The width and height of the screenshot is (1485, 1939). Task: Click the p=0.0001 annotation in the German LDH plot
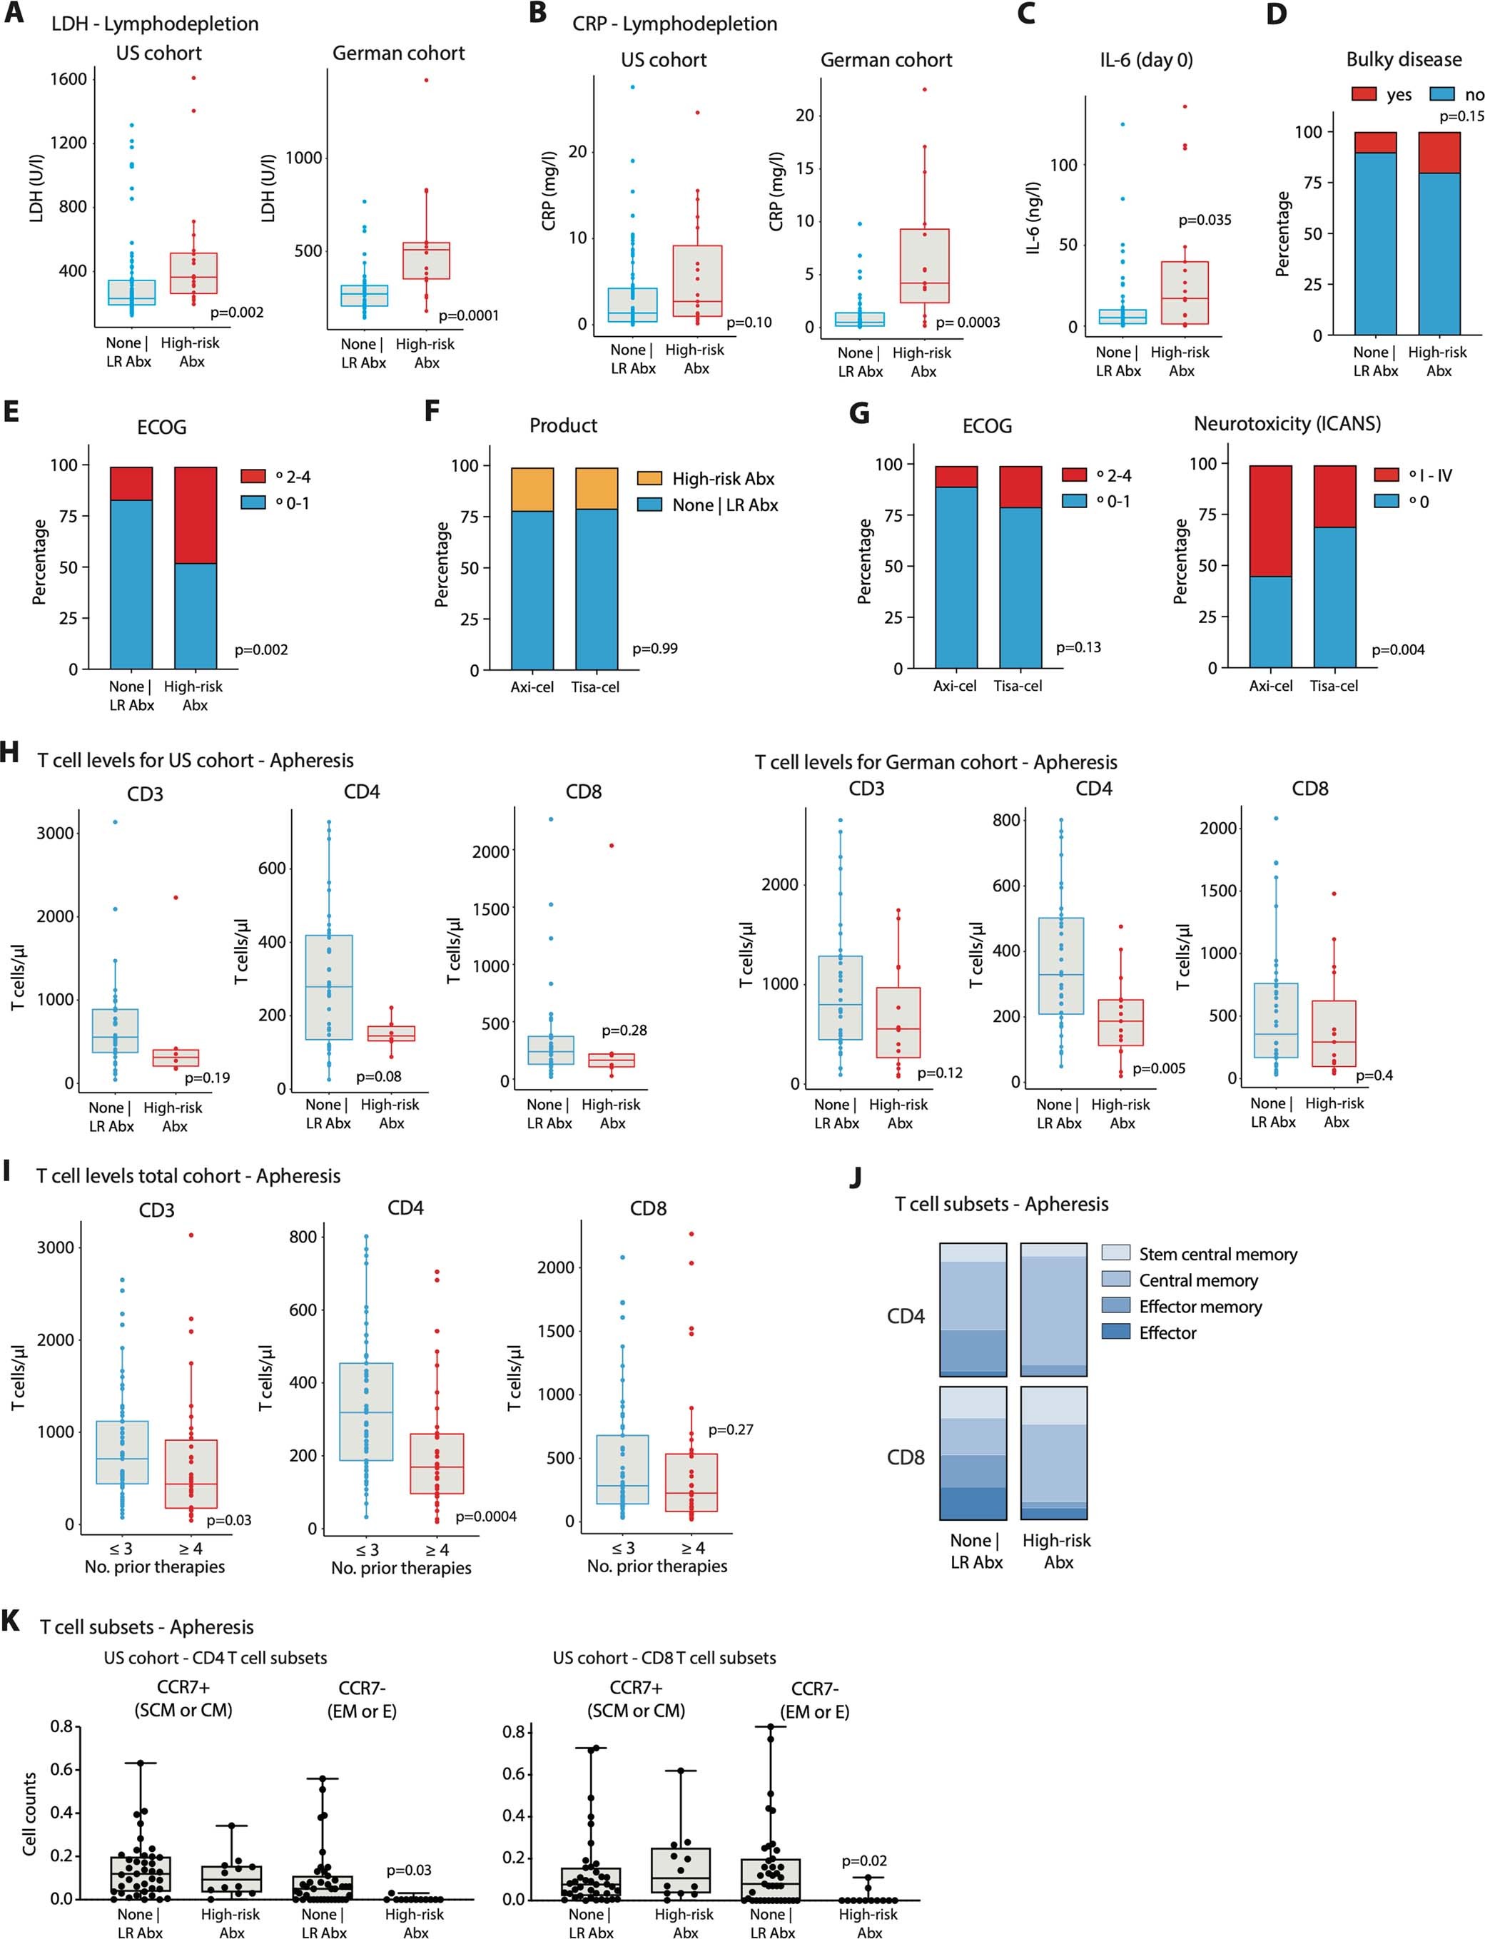click(469, 315)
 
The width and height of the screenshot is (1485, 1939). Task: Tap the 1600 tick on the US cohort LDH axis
click(68, 79)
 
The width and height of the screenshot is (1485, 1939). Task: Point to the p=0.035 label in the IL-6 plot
click(1204, 220)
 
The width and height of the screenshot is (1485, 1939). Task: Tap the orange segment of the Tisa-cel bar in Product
click(597, 488)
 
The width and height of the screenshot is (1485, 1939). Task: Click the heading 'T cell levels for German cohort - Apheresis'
click(936, 761)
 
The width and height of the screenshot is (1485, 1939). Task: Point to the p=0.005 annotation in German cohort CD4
click(1159, 1068)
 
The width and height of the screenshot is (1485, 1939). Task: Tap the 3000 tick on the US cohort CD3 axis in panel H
click(55, 833)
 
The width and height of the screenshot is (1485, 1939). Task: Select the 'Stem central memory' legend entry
click(1217, 1254)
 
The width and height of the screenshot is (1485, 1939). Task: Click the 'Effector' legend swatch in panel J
click(1115, 1332)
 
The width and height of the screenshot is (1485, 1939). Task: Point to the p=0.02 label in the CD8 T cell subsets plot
click(863, 1861)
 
